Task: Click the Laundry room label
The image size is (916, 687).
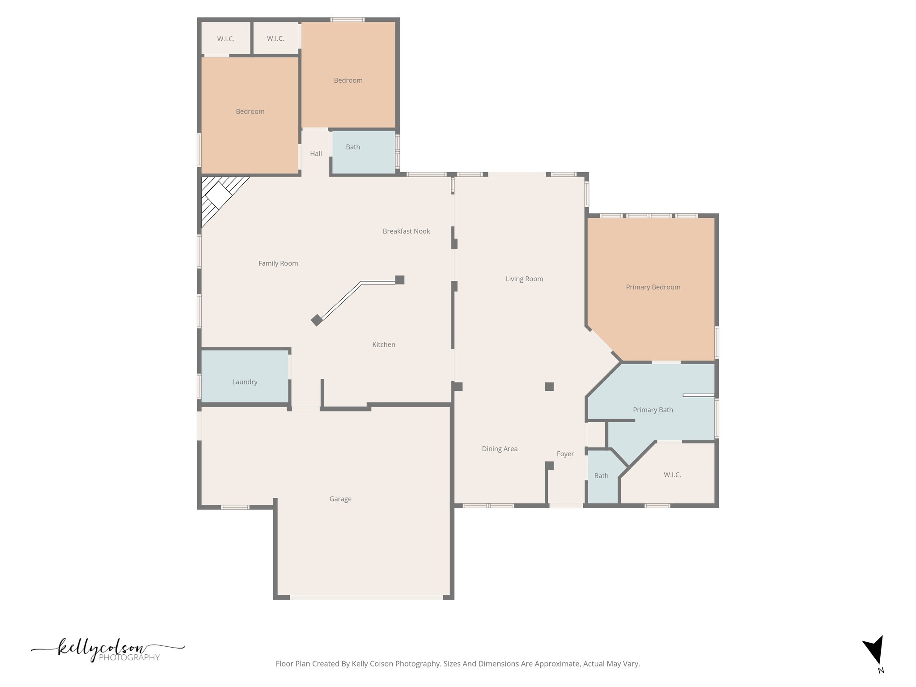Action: click(245, 382)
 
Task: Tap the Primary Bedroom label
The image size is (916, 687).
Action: click(653, 287)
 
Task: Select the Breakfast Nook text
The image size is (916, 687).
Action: click(406, 231)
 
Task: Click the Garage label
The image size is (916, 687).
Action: click(340, 499)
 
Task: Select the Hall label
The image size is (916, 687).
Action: click(316, 153)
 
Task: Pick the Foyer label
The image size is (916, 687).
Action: click(565, 454)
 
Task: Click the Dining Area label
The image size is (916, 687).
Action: click(500, 449)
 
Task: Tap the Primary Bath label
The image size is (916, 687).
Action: click(653, 410)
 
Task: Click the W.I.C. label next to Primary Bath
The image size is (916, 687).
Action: click(672, 475)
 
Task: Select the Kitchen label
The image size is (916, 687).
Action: click(384, 345)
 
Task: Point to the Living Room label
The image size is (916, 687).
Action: click(524, 279)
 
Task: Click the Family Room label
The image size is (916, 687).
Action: click(278, 263)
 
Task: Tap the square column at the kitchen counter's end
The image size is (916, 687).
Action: click(400, 280)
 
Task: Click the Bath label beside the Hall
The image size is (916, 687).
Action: click(352, 147)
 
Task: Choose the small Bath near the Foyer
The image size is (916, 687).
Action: click(601, 476)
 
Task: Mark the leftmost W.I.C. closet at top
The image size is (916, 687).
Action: click(225, 39)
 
